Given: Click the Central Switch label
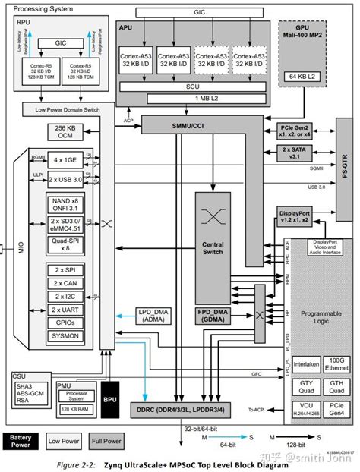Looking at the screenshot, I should (213, 250).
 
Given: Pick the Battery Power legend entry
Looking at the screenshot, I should (19, 440).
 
